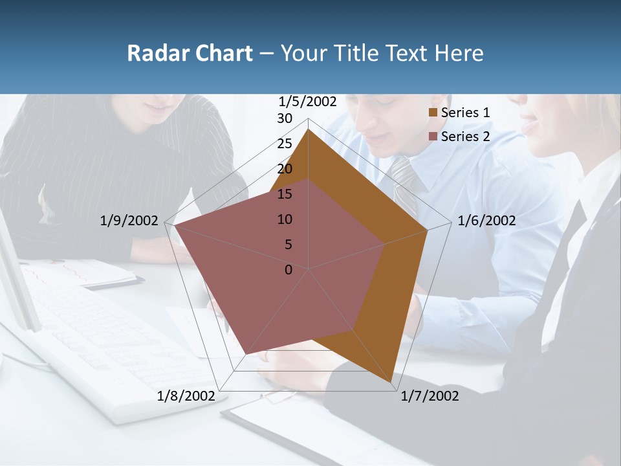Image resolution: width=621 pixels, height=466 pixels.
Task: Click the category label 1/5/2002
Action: point(307,102)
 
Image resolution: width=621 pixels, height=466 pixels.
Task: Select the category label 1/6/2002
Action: point(486,221)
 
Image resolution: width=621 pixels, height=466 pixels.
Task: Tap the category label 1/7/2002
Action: point(430,396)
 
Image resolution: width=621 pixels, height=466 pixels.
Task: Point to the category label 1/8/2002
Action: point(186,396)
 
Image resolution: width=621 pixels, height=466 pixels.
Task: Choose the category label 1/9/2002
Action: point(129,221)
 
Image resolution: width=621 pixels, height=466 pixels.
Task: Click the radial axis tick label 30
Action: point(285,118)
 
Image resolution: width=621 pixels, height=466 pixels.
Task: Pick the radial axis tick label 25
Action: point(285,144)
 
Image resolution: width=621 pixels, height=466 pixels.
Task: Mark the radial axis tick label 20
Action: point(285,169)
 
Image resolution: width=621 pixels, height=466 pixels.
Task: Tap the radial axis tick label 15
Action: point(285,194)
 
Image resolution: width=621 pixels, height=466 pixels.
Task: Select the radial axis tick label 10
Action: point(285,219)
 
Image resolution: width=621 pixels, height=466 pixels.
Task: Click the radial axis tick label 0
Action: point(289,270)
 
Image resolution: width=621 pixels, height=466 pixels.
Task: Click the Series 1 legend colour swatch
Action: point(433,113)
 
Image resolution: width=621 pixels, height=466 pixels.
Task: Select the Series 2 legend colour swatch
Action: point(433,136)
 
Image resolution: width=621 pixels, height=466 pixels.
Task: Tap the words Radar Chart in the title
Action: point(190,53)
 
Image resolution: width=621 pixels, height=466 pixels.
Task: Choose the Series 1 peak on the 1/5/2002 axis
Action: point(309,129)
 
